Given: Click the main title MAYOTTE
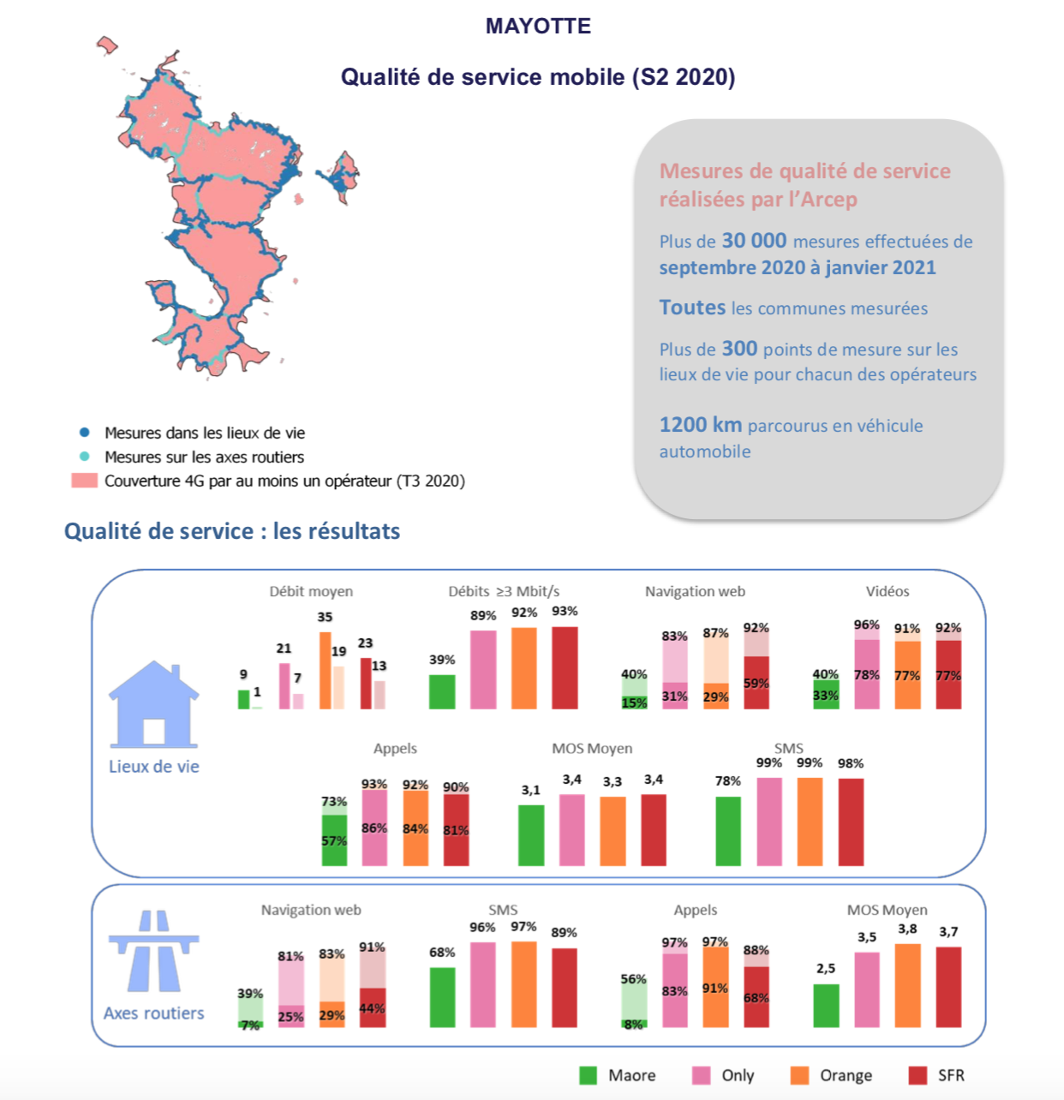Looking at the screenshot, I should pos(538,26).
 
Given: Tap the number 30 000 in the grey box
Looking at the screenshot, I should pos(754,241).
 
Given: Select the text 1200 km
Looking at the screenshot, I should pos(701,425).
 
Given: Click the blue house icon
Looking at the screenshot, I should pos(153,705).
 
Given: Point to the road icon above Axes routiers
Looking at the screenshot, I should pos(154,951).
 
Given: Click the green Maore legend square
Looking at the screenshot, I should pos(588,1075).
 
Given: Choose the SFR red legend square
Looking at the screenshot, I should pos(918,1075).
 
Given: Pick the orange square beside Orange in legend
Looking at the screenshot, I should pos(799,1075).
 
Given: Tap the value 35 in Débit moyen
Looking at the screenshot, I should pos(325,617).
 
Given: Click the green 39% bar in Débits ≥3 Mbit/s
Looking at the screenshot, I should pos(442,692).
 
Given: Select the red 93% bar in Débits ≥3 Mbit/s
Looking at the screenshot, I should pos(565,668).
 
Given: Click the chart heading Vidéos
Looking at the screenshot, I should pos(888,591).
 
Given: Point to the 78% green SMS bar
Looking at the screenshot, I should pos(728,831).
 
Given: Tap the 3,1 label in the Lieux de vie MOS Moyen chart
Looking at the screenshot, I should pos(531,790).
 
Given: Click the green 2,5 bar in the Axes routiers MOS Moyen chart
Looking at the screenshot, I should pos(826,1006).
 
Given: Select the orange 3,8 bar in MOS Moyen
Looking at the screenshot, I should pos(908,985).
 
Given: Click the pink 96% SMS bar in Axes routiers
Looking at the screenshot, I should pos(482,984).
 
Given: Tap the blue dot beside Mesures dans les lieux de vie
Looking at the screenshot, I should pos(84,433).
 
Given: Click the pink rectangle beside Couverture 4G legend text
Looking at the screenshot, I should pos(84,481).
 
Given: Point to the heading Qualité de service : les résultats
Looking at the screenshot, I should pos(232,531).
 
